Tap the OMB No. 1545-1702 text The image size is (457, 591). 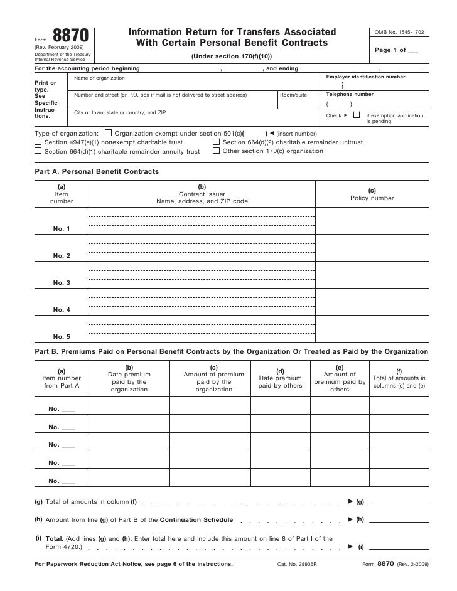399,31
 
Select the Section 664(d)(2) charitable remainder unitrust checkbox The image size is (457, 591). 216,142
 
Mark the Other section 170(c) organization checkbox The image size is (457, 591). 216,151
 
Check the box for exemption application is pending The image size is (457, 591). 356,115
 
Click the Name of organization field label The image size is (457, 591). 100,78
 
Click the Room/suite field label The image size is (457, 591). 293,95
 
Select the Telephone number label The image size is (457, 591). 350,94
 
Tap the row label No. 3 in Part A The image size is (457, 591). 62,283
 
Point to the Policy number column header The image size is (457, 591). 372,198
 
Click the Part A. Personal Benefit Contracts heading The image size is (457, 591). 96,171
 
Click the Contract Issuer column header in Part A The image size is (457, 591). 202,194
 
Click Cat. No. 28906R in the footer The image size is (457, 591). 297,565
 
